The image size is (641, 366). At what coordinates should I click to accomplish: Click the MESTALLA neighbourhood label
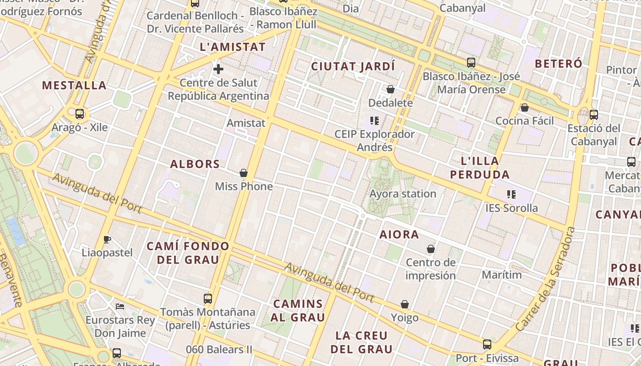[x=74, y=86]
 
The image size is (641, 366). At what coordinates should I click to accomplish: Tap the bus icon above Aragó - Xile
[x=80, y=114]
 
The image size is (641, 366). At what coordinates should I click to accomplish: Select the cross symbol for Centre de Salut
[x=218, y=69]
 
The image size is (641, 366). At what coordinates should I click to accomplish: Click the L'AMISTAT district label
[x=233, y=47]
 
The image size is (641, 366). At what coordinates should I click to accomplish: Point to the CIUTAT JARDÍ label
[x=353, y=66]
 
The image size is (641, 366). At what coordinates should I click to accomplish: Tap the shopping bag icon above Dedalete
[x=391, y=89]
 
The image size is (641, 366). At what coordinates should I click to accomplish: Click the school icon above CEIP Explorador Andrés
[x=375, y=121]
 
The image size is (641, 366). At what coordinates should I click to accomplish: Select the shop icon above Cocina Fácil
[x=525, y=108]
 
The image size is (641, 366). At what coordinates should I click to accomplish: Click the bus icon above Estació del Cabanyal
[x=594, y=115]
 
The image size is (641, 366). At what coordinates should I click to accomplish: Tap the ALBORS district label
[x=195, y=164]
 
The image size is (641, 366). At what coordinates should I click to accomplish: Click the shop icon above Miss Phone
[x=244, y=173]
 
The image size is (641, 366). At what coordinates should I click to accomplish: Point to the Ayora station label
[x=403, y=194]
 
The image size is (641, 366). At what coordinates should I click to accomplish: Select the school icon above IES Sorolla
[x=511, y=194]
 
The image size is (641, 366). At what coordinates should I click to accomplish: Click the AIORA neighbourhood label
[x=399, y=235]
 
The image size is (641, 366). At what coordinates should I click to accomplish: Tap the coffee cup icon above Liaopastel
[x=107, y=239]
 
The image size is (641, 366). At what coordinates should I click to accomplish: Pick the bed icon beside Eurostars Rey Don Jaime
[x=120, y=306]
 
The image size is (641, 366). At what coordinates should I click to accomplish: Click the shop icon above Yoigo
[x=405, y=304]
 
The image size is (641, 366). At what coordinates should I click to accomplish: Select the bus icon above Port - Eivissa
[x=487, y=344]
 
